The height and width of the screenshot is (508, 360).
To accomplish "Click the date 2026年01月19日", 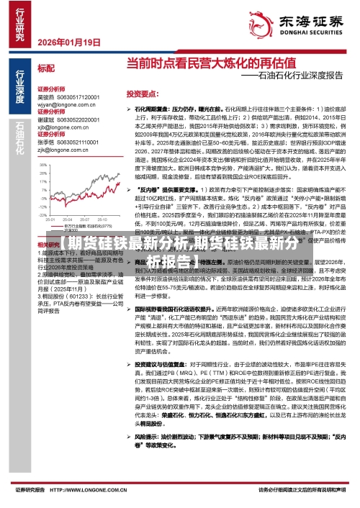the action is [x=69, y=42].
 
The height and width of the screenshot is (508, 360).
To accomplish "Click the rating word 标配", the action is [x=45, y=68].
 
